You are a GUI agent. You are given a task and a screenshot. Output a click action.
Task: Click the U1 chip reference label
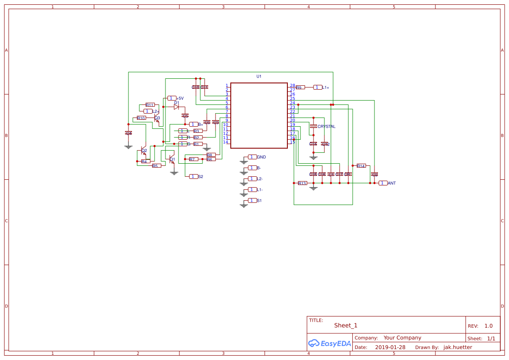coord(259,76)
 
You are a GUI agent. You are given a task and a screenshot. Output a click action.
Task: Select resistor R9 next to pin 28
coord(300,87)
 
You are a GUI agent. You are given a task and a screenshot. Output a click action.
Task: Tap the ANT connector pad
coord(383,183)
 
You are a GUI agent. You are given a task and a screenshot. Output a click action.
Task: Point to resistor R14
coord(361,166)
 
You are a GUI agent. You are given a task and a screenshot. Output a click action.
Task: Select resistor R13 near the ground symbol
coord(302,183)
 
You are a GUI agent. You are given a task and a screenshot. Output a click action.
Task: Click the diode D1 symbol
coord(176,107)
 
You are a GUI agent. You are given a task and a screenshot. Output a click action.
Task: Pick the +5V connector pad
coord(172,98)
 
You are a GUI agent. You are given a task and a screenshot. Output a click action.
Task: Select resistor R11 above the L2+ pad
coord(149,105)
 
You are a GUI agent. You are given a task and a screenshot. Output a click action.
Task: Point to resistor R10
coord(141,118)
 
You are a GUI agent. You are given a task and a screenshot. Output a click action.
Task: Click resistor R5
coord(156,166)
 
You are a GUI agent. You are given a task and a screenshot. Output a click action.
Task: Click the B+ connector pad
coord(194,124)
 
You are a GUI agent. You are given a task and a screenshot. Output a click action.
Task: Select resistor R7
coord(193,159)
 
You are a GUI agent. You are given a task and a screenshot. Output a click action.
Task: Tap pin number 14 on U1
coord(226,142)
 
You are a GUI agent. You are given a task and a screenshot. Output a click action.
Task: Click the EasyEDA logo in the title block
coord(329,343)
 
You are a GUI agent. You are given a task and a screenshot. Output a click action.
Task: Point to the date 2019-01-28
coord(390,347)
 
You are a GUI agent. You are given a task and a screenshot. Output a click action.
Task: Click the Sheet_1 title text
coord(346,325)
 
